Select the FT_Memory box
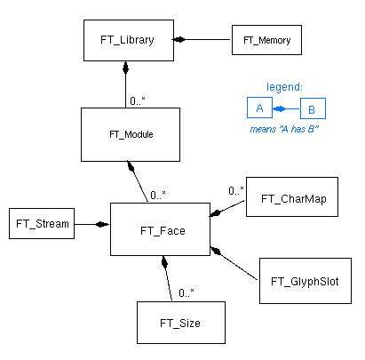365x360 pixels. pyautogui.click(x=267, y=40)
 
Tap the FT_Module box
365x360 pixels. pyautogui.click(x=130, y=134)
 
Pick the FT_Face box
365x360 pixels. pyautogui.click(x=160, y=229)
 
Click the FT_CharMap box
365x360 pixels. pyautogui.click(x=293, y=199)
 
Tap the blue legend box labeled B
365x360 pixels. pyautogui.click(x=313, y=109)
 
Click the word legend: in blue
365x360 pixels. pyautogui.click(x=284, y=87)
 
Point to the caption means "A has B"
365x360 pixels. pyautogui.click(x=286, y=130)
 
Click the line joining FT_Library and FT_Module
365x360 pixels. pyautogui.click(x=125, y=85)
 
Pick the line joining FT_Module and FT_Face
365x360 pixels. pyautogui.click(x=139, y=182)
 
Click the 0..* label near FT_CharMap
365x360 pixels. pyautogui.click(x=235, y=190)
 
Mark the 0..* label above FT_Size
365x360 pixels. pyautogui.click(x=186, y=292)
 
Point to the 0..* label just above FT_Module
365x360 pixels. pyautogui.click(x=138, y=100)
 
